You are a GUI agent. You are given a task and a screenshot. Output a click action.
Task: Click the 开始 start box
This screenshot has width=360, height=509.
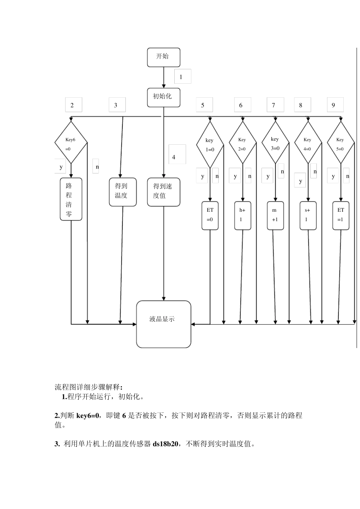(163, 58)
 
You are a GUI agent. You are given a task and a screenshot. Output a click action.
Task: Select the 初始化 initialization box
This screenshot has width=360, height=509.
(163, 98)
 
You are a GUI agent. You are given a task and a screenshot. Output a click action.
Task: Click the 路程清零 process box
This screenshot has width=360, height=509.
(71, 199)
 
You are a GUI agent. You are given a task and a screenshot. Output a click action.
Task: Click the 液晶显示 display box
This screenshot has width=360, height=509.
(163, 324)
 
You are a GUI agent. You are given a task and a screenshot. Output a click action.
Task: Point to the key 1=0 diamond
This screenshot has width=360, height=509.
(210, 144)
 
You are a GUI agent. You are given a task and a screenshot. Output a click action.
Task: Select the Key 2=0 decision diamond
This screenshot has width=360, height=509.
(243, 144)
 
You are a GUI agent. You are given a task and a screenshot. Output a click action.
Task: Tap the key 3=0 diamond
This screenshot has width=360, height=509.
(275, 143)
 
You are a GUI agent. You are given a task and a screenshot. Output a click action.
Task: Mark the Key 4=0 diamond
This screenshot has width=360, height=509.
(308, 144)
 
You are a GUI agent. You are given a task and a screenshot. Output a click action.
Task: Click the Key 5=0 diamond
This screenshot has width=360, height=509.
(340, 144)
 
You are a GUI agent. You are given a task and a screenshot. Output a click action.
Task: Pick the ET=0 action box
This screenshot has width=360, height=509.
(210, 215)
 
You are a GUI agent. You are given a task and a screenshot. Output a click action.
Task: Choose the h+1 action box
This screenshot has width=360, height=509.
(243, 215)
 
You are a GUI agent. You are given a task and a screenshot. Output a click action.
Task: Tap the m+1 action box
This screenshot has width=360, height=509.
(275, 215)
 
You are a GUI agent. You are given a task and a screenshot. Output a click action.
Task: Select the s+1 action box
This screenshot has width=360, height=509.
(308, 215)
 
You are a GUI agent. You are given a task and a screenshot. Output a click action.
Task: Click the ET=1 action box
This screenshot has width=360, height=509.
(341, 215)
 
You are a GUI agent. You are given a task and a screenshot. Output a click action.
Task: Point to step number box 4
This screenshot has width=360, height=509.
(177, 154)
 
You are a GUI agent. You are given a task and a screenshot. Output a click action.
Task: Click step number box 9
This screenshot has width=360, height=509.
(335, 105)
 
